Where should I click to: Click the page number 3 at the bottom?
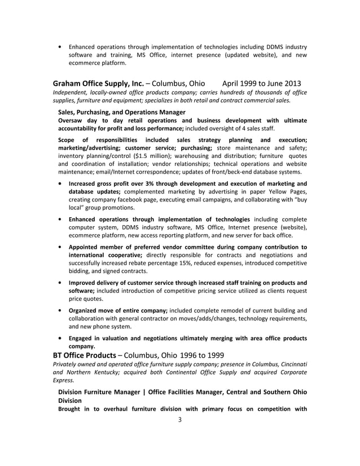[x=179, y=419]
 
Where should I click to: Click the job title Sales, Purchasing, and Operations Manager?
[x=122, y=112]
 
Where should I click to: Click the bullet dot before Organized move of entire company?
[x=60, y=310]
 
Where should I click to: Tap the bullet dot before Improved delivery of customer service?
[x=60, y=283]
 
